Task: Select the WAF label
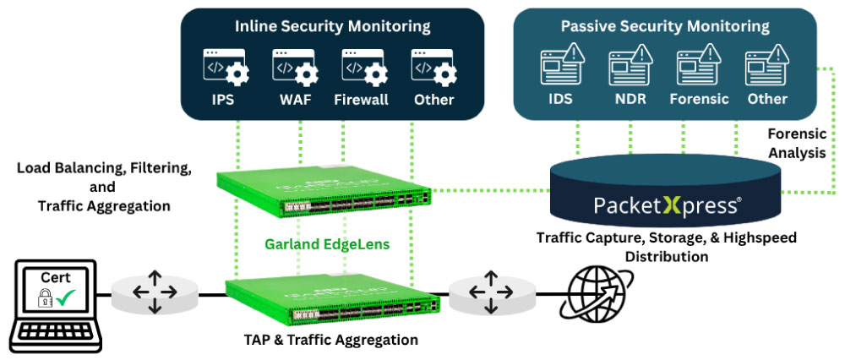[x=295, y=100]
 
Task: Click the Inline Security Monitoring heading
[x=332, y=26]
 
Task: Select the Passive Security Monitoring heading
[x=665, y=26]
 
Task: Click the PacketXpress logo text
[x=668, y=206]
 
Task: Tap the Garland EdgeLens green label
[x=327, y=244]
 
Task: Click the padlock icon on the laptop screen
[x=45, y=297]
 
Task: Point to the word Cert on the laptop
[x=56, y=279]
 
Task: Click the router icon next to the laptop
[x=155, y=292]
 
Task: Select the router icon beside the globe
[x=491, y=292]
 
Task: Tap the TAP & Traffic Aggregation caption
[x=331, y=340]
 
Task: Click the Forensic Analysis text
[x=797, y=143]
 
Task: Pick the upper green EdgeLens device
[x=324, y=193]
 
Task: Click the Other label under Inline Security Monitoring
[x=433, y=100]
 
